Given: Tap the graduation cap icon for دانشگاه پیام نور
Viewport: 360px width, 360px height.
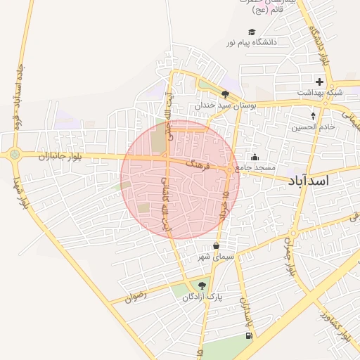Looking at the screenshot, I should [x=252, y=32].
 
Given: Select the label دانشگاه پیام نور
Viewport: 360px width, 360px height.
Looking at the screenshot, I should [x=252, y=43].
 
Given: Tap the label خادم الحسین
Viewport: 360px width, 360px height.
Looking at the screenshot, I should [x=314, y=127].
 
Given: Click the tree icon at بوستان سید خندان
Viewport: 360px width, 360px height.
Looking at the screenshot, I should [x=225, y=94].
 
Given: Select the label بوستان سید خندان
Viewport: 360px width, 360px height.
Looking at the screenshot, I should [x=225, y=105].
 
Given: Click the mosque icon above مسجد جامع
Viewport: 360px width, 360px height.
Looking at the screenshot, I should [x=255, y=157].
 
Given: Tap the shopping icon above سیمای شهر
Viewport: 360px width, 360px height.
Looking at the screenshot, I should [x=215, y=246].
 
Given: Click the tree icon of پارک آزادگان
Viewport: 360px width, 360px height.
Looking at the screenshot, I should [x=202, y=285].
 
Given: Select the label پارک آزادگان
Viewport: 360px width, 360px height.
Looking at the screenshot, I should [x=202, y=297].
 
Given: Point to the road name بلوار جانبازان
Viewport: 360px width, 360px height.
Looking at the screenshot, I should [x=63, y=155].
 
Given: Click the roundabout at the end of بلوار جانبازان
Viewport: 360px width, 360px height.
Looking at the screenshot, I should [x=14, y=154].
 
